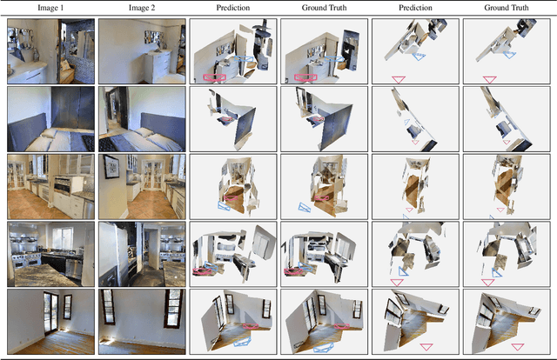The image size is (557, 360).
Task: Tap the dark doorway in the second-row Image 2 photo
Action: coord(115,113)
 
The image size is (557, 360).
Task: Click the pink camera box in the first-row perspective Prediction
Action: coord(212,77)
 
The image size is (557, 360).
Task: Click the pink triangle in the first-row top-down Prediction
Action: coord(398,79)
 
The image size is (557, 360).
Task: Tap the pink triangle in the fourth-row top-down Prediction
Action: coord(398,282)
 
